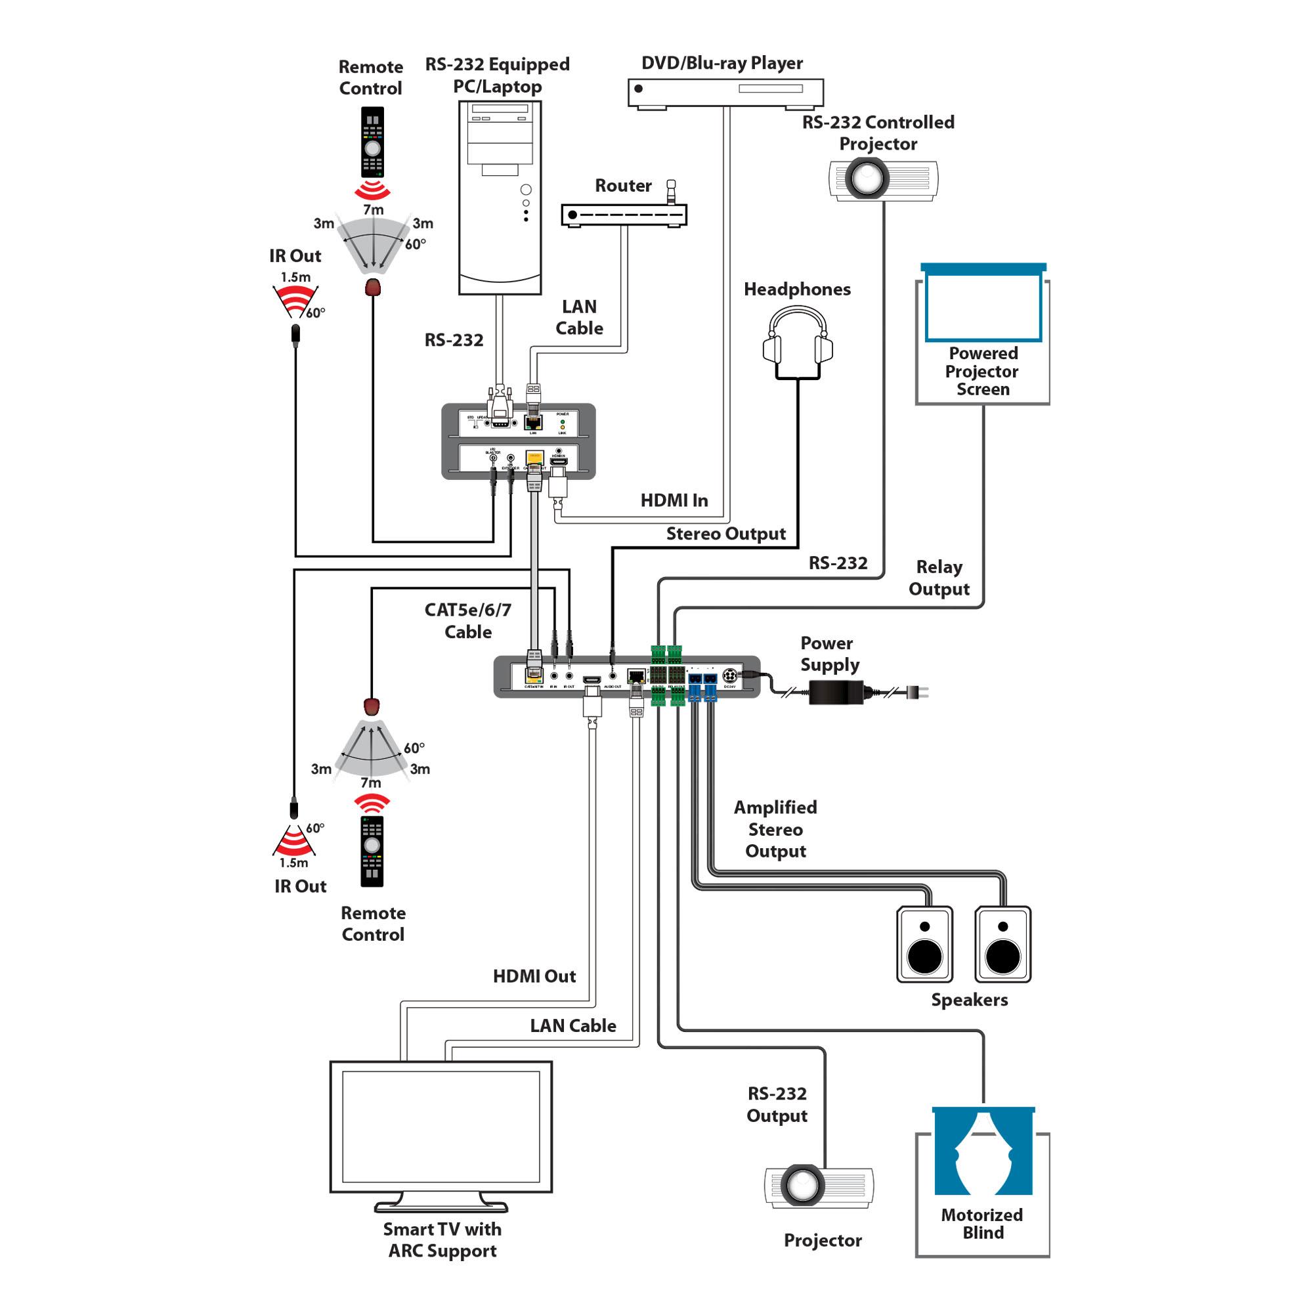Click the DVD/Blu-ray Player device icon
[725, 93]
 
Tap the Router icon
[624, 215]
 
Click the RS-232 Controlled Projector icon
[883, 179]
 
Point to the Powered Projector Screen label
[983, 371]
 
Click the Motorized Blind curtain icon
[983, 1152]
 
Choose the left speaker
[924, 944]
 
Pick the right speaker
[1002, 944]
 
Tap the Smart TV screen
[441, 1126]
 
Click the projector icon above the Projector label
[819, 1185]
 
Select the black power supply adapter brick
[835, 693]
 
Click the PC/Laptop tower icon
[500, 197]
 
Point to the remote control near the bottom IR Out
[372, 851]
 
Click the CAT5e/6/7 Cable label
[467, 620]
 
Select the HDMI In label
[674, 501]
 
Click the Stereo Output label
[726, 534]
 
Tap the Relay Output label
[939, 578]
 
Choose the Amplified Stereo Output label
[775, 829]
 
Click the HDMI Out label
[534, 977]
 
